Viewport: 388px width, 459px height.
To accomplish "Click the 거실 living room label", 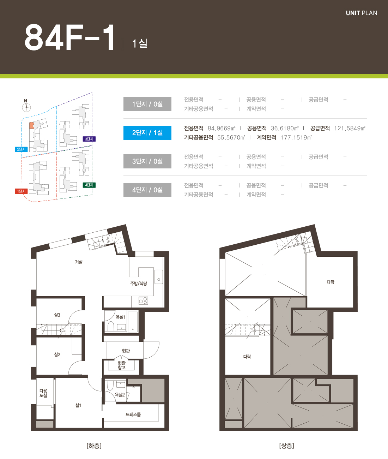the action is (79, 262).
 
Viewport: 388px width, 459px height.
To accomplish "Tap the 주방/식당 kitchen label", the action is (138, 284).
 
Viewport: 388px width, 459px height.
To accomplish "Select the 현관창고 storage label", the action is (122, 365).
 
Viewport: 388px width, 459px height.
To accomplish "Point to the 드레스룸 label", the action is (133, 415).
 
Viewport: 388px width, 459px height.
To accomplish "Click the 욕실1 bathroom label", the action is (121, 317).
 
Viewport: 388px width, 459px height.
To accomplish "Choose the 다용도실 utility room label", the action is (43, 393).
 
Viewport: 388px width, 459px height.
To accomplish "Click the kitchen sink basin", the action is (159, 277).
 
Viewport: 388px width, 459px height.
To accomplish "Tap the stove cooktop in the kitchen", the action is (143, 300).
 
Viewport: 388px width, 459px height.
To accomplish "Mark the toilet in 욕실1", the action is (111, 327).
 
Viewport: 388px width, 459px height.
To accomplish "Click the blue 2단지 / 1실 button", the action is (147, 133).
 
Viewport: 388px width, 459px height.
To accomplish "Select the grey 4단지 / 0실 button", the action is (147, 190).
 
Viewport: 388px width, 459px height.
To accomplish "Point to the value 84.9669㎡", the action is (222, 129).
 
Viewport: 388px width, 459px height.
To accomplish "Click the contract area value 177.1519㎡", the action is (296, 138).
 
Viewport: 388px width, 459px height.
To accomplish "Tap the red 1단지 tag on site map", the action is (21, 191).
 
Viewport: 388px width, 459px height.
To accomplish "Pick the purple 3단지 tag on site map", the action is (89, 139).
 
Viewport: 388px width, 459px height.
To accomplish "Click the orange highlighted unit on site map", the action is (32, 125).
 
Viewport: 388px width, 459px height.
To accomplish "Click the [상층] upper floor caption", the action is (287, 446).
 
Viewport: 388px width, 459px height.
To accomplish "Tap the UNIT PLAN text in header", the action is (362, 13).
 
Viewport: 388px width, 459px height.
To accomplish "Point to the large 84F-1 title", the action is (70, 37).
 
